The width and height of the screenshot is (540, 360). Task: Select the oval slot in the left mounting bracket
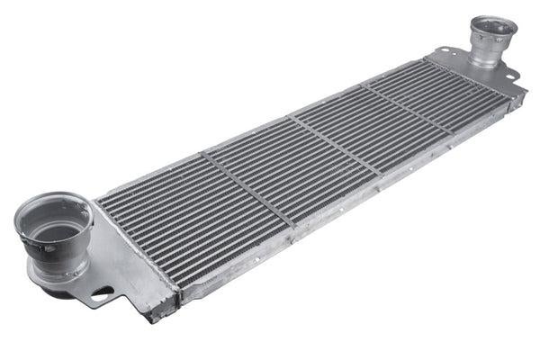pos(101,293)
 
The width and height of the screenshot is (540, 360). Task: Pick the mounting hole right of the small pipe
pos(515,76)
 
